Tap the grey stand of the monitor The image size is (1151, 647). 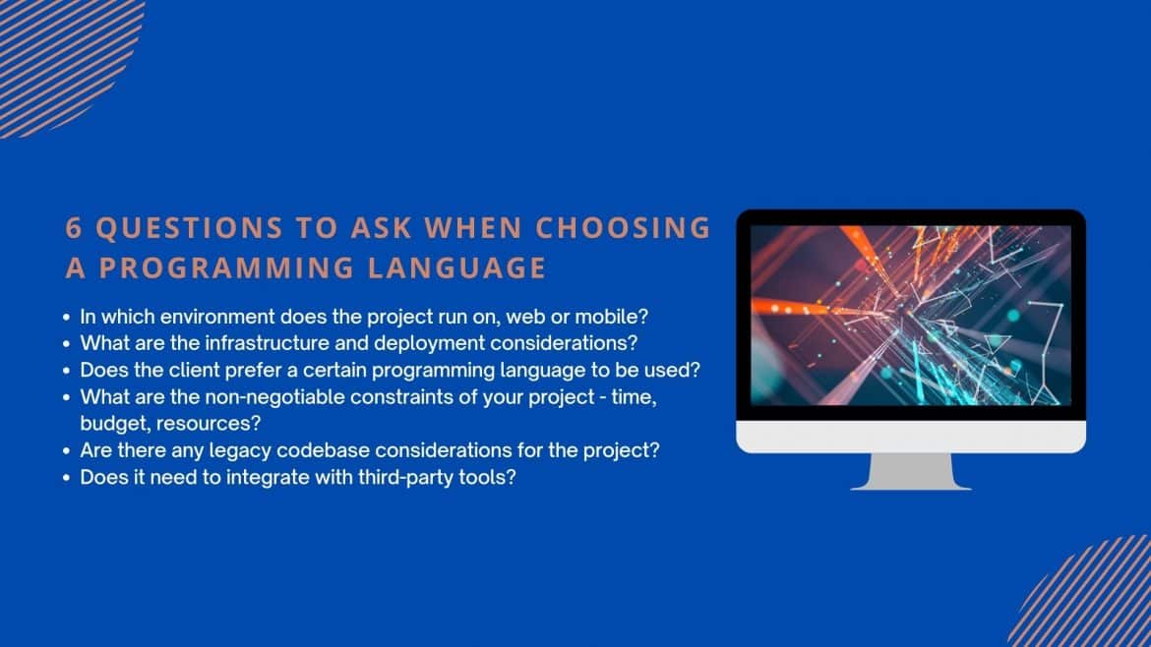tap(911, 472)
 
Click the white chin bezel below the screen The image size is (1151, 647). tap(911, 437)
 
